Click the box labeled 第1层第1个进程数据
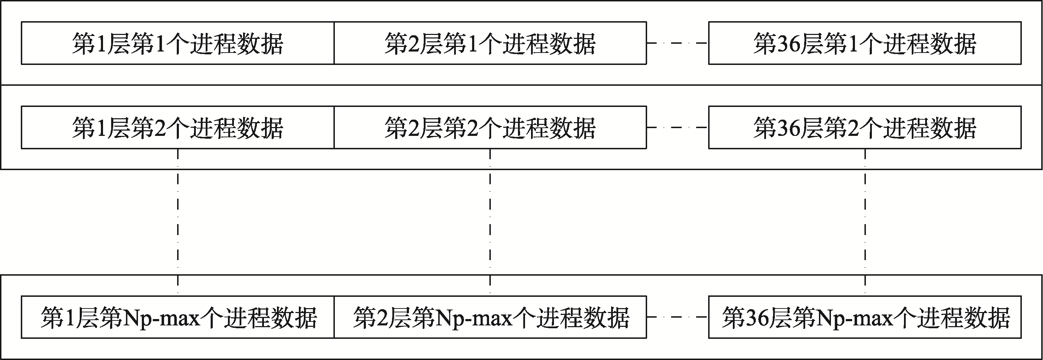pyautogui.click(x=177, y=43)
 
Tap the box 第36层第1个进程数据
pyautogui.click(x=865, y=43)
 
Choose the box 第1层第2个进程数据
pyautogui.click(x=177, y=127)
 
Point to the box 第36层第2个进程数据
pyautogui.click(x=865, y=127)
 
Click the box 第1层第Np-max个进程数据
pyautogui.click(x=177, y=317)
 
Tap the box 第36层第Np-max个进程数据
pyautogui.click(x=865, y=317)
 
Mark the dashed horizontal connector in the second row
pyautogui.click(x=677, y=127)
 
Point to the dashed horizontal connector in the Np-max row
pyautogui.click(x=677, y=317)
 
